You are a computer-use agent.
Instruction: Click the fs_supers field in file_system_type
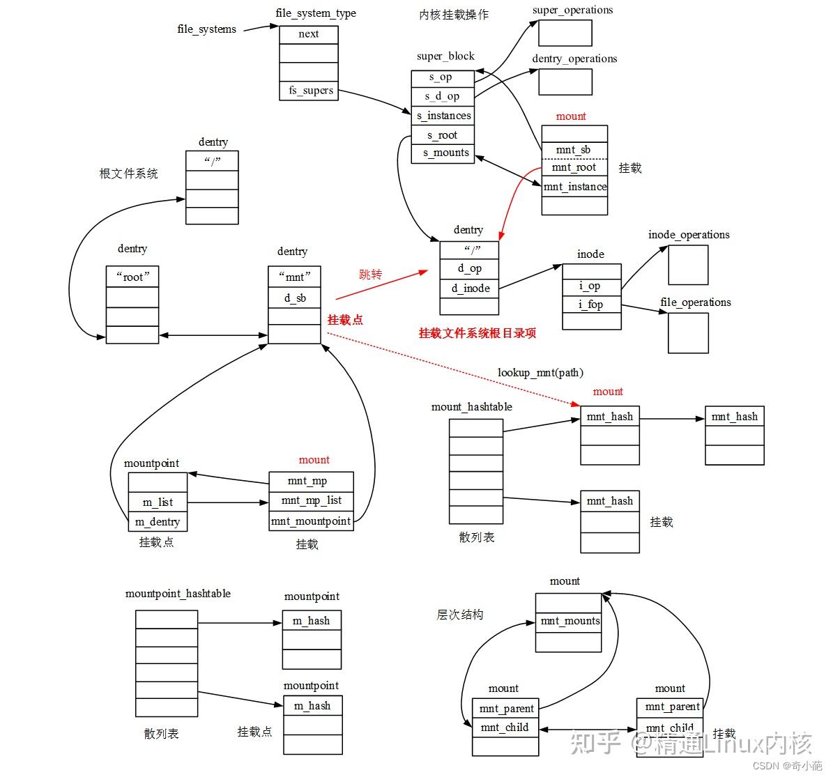[x=309, y=91]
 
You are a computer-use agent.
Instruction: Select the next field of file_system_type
[x=309, y=34]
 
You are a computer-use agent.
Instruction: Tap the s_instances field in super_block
[x=443, y=116]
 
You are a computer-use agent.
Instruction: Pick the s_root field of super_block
[x=443, y=135]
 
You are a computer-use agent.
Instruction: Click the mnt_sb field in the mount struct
[x=574, y=150]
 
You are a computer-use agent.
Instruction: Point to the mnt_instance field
[x=575, y=187]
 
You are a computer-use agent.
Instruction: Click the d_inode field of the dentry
[x=470, y=289]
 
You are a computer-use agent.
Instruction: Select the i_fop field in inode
[x=591, y=305]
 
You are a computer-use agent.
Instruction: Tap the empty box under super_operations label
[x=565, y=33]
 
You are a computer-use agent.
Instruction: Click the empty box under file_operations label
[x=688, y=333]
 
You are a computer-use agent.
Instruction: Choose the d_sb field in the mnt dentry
[x=295, y=298]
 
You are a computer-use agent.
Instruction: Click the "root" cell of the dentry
[x=132, y=277]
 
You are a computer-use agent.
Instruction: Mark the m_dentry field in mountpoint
[x=158, y=522]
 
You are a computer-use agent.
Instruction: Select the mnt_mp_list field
[x=311, y=500]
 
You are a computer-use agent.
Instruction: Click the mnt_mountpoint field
[x=311, y=521]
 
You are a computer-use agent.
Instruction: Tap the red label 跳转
[x=371, y=275]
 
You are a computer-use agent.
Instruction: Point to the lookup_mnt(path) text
[x=540, y=373]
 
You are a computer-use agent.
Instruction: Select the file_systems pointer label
[x=206, y=29]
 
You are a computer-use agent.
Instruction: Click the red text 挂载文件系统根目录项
[x=477, y=333]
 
